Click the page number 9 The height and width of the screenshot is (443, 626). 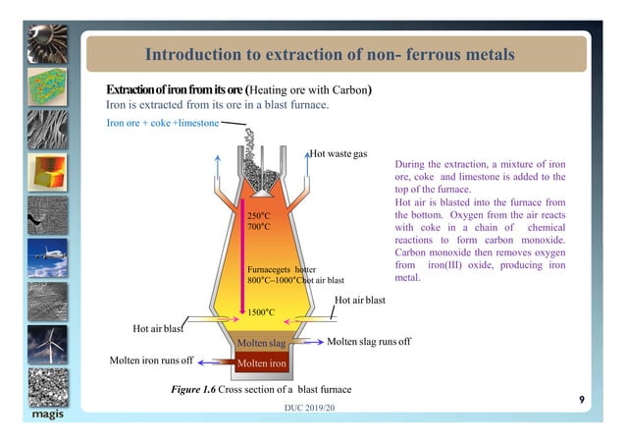582,399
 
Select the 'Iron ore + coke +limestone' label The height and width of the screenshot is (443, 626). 163,123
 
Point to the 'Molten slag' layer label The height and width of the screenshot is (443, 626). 263,342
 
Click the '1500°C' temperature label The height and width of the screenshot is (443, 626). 261,312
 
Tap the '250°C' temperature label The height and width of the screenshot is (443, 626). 259,214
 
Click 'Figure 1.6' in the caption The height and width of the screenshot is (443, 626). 194,391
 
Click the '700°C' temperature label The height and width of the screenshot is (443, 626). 259,227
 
